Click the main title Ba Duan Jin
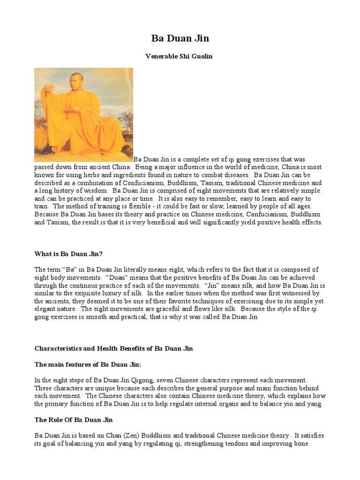pos(180,37)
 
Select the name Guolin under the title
pos(202,56)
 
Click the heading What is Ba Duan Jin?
pos(68,254)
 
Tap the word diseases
pos(237,175)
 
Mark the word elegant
pos(46,309)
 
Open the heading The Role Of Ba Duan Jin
pos(74,420)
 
